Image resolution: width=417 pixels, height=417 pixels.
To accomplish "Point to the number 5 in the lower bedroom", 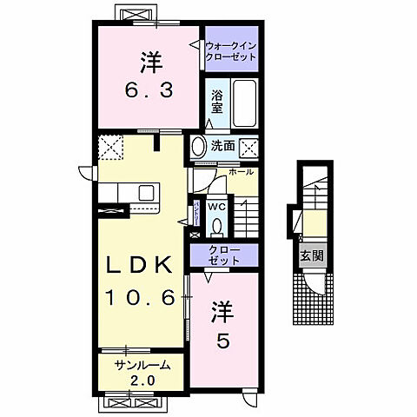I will (x=223, y=343).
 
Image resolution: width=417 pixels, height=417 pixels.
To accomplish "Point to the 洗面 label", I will (x=222, y=146).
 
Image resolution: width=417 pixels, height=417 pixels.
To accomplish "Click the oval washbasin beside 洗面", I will (x=198, y=146).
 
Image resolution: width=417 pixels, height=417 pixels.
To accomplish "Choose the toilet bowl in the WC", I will (x=218, y=225).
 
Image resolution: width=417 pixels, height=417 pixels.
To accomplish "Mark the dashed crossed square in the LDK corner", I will (x=110, y=149).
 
